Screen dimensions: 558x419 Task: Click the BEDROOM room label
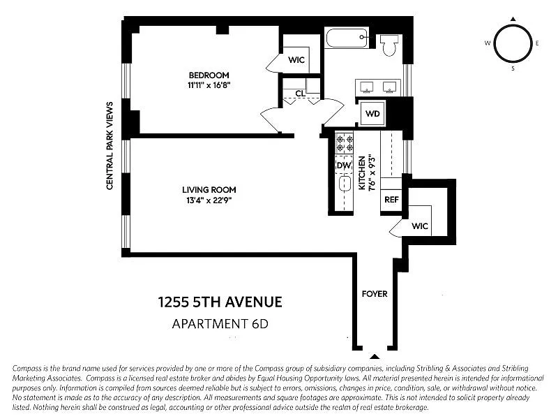click(x=209, y=75)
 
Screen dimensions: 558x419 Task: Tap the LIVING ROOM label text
click(x=209, y=190)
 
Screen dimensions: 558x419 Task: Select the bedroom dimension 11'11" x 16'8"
click(x=209, y=85)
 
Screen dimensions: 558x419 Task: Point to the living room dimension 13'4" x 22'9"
click(x=209, y=200)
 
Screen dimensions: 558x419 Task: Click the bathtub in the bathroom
click(x=347, y=38)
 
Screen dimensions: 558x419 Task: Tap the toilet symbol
click(x=389, y=45)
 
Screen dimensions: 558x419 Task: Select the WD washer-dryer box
click(x=372, y=114)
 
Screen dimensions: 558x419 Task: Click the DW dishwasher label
click(x=343, y=166)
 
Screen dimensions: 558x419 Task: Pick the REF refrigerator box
click(x=391, y=200)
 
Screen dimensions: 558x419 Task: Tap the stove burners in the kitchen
click(x=345, y=143)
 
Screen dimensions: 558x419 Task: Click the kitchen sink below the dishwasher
click(x=345, y=184)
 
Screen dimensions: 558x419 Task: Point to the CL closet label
click(x=300, y=94)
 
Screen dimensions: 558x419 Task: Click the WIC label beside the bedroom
click(x=296, y=60)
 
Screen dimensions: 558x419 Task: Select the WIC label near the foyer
click(x=420, y=226)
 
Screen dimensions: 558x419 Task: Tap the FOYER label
click(x=375, y=294)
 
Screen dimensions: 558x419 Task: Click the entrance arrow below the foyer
click(x=375, y=356)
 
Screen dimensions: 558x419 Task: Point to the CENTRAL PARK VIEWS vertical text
click(x=110, y=146)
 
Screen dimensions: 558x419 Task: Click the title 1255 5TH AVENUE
click(x=220, y=302)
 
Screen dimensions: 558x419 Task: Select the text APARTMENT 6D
click(x=220, y=324)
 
